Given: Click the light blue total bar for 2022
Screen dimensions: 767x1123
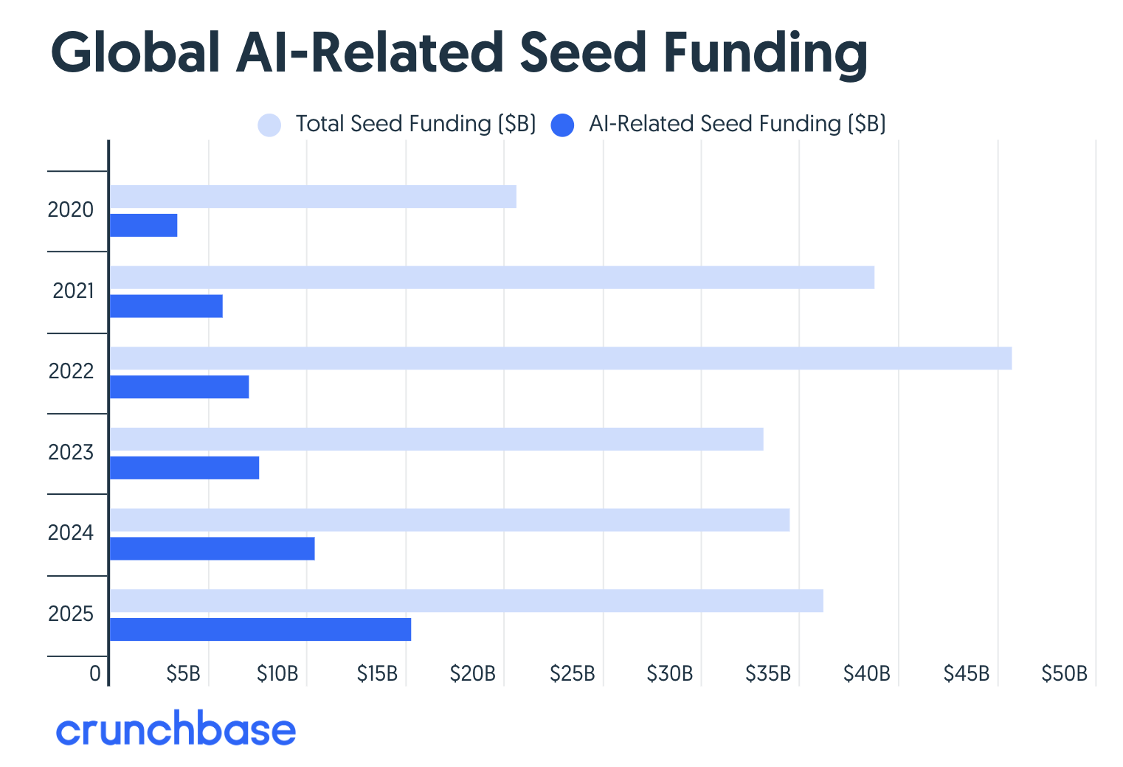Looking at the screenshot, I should [x=561, y=358].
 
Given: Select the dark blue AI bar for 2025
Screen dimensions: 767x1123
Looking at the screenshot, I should [x=260, y=630].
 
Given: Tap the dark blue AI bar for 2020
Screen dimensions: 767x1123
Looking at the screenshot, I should [x=144, y=226].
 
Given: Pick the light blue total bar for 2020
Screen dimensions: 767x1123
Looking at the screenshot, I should [x=313, y=197].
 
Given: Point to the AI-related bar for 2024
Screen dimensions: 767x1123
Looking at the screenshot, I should [x=212, y=549].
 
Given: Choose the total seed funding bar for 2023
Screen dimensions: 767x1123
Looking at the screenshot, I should [x=436, y=440].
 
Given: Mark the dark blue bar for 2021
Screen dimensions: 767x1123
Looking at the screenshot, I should [x=166, y=306].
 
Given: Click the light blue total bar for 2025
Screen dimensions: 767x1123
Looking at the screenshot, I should [x=466, y=601].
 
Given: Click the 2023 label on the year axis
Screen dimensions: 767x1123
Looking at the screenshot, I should [x=71, y=452].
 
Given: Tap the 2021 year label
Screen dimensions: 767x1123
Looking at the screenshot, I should [x=73, y=291].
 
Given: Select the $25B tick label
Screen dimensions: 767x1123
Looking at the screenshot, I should [x=572, y=673].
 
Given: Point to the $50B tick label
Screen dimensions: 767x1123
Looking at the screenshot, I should [x=1064, y=673].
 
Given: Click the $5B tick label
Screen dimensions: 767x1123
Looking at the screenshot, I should [x=183, y=673].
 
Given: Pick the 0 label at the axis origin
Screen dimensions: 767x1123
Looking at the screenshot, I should [x=94, y=673].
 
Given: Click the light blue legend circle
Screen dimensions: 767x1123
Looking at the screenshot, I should [x=269, y=125].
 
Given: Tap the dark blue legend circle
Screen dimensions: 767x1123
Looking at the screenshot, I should [x=562, y=125].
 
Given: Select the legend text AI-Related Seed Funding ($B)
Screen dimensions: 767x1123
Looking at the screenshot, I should [x=736, y=124].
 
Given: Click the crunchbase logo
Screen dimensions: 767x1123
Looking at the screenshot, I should [x=176, y=729].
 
